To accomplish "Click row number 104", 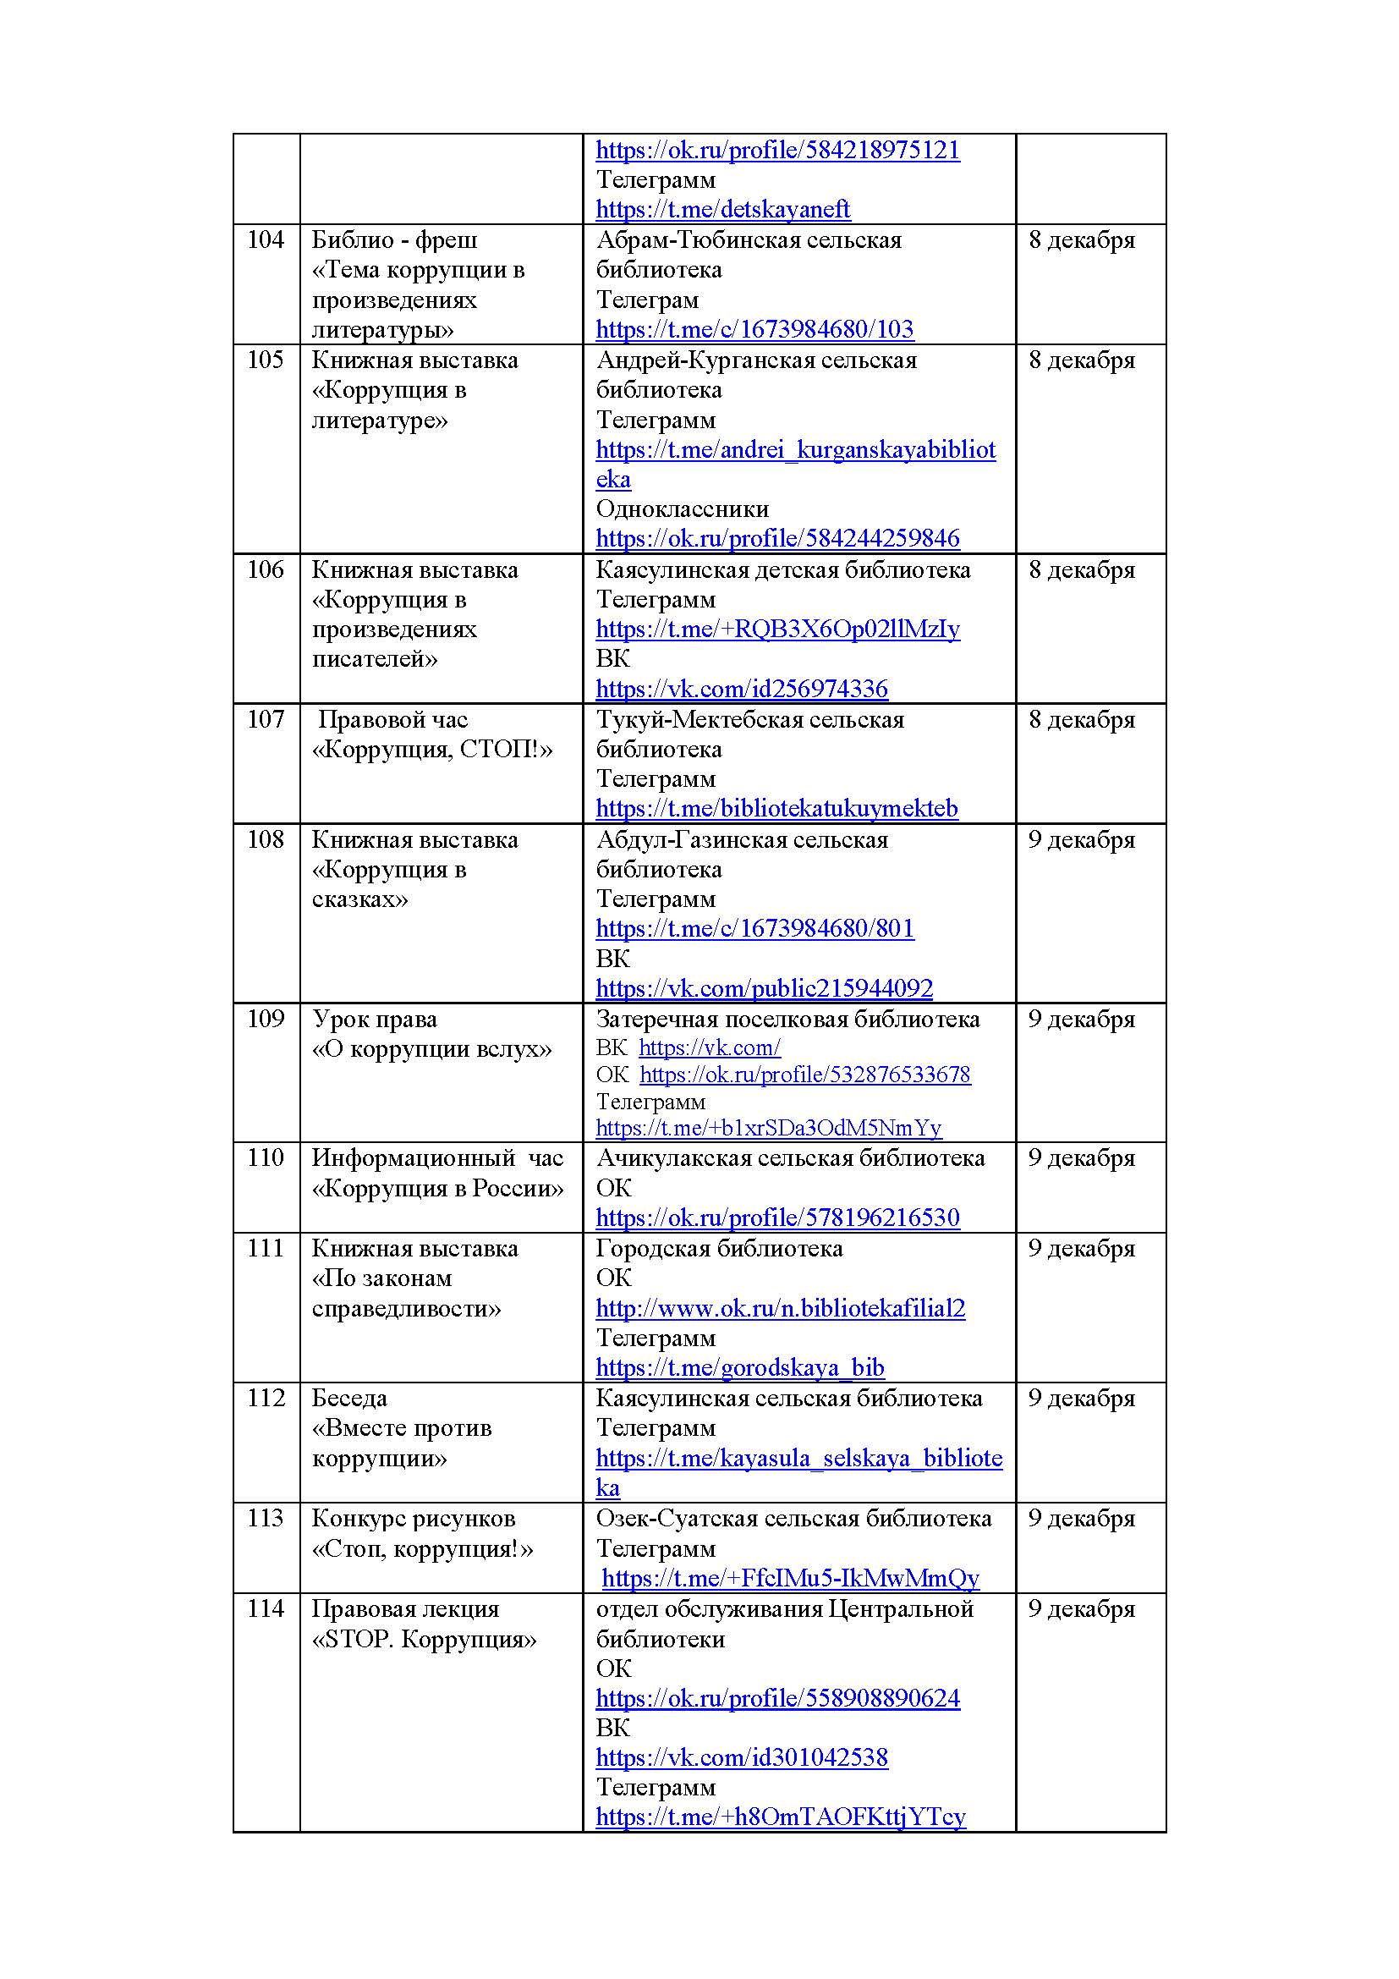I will click(x=266, y=239).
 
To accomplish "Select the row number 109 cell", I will click(x=266, y=1019).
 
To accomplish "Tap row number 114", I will click(x=266, y=1609).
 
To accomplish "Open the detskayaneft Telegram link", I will click(x=722, y=210).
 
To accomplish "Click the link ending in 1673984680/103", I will click(x=754, y=329).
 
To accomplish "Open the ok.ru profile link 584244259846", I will click(x=777, y=539).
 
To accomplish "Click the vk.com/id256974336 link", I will click(x=742, y=689).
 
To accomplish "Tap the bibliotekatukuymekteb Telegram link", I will click(x=776, y=809).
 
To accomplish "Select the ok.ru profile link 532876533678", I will click(x=804, y=1075).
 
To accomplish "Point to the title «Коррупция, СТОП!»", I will click(x=431, y=749).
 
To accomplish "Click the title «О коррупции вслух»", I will click(x=431, y=1049).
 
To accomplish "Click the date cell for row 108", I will click(x=1082, y=839).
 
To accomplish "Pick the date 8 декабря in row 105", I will click(x=1082, y=360).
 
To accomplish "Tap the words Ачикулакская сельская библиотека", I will click(x=790, y=1158).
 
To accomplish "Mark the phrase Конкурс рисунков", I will click(x=414, y=1519).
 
